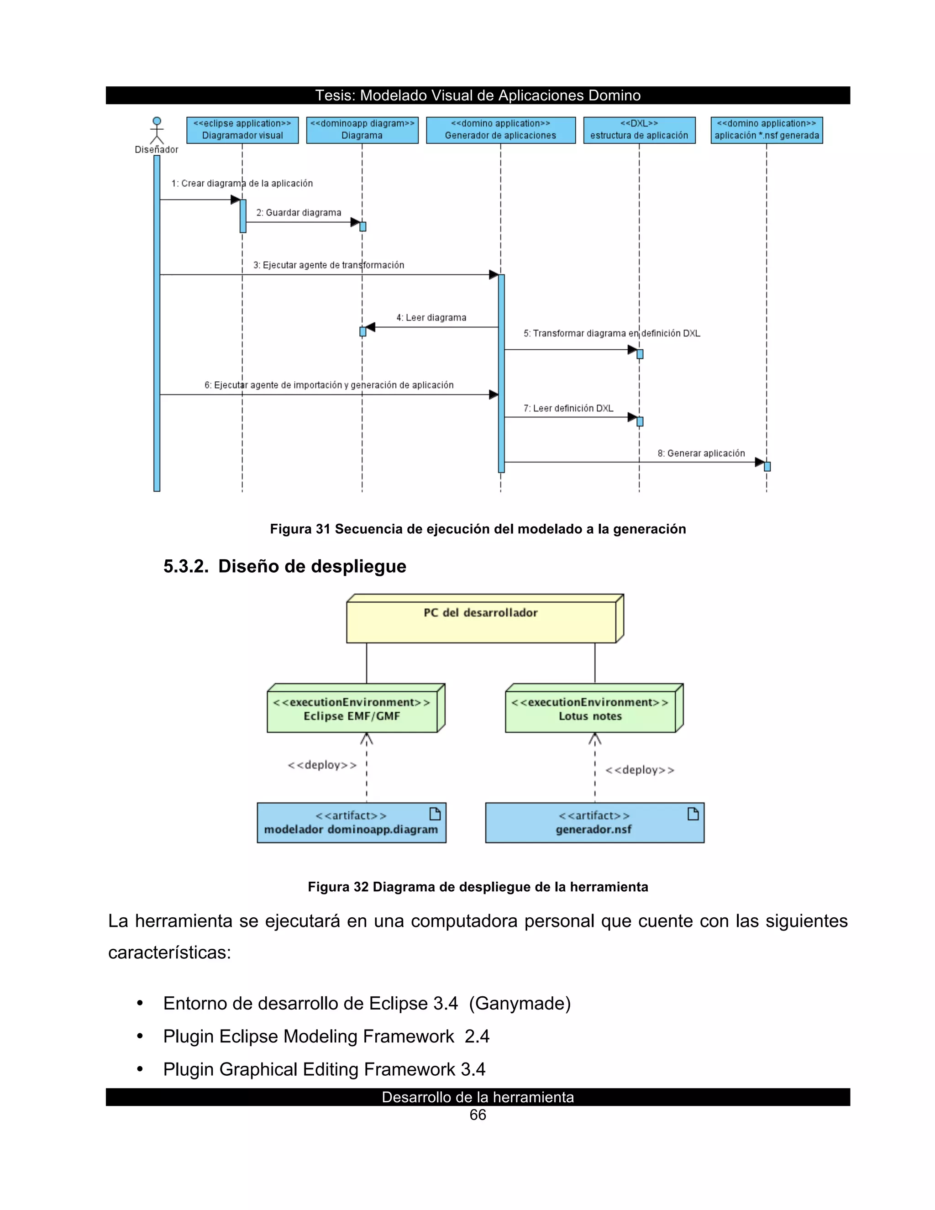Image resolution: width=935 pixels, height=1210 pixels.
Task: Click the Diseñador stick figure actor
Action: (x=157, y=131)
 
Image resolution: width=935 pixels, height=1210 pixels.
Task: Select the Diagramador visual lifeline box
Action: (x=242, y=130)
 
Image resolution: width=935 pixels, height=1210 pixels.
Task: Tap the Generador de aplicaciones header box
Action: (x=500, y=130)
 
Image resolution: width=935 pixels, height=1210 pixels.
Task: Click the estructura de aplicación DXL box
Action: (x=639, y=130)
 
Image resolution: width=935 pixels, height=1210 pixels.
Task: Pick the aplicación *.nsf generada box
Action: (x=767, y=130)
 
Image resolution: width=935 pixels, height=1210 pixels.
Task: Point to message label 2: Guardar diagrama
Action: (x=299, y=213)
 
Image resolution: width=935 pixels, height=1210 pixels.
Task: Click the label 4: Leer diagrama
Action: (x=431, y=317)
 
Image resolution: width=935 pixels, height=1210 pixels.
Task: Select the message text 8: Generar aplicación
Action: (x=701, y=453)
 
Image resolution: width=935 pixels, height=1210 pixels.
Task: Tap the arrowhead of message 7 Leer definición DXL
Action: (x=632, y=417)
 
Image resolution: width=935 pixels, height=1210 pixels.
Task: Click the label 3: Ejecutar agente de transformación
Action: (x=328, y=265)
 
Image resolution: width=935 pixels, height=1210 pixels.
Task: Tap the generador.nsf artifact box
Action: (x=594, y=823)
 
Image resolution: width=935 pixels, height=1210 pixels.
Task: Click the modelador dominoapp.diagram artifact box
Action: (x=351, y=823)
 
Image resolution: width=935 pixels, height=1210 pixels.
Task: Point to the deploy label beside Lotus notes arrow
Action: (x=640, y=770)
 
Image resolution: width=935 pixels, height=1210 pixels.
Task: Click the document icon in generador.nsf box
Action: (x=693, y=813)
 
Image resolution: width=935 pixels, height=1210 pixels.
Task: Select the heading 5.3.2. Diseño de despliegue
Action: (x=285, y=566)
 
